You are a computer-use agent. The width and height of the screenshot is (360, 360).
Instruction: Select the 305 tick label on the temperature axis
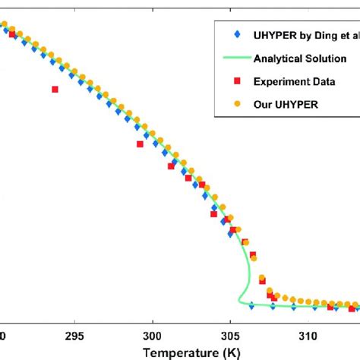231,335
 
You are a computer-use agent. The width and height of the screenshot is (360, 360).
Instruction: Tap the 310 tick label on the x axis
309,335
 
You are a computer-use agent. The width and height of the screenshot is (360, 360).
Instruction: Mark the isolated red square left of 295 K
55,89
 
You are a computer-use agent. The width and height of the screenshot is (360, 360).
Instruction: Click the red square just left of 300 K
140,144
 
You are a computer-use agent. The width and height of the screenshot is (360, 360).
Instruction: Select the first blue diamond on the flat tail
251,305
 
